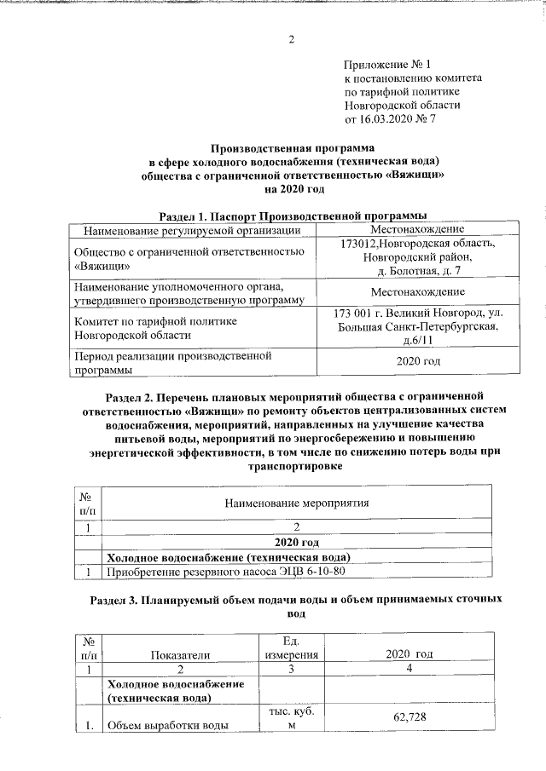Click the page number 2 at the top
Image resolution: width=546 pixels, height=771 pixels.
click(291, 40)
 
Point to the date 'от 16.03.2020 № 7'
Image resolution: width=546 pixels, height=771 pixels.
click(390, 118)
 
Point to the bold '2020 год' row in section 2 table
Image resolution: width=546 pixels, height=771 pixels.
click(293, 542)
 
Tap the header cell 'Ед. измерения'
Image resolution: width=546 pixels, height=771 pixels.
click(291, 647)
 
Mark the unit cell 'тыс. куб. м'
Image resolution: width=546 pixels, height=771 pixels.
click(291, 718)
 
